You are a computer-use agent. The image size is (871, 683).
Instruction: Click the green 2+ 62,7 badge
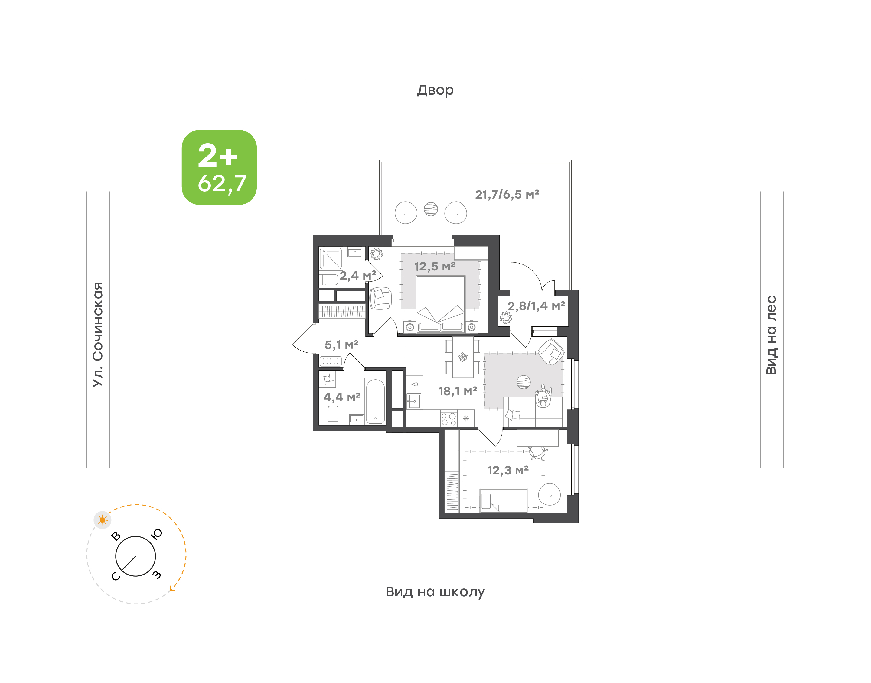(219, 167)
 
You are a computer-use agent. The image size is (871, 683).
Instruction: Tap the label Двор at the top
(435, 90)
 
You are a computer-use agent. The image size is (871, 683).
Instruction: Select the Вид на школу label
(435, 591)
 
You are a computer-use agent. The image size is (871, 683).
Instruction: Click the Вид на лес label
(771, 335)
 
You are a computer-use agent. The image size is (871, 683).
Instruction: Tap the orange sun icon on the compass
(103, 520)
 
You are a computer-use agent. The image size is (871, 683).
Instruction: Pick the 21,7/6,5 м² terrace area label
(507, 195)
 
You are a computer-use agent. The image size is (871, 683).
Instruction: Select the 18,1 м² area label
(458, 391)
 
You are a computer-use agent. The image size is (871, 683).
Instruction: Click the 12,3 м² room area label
(508, 470)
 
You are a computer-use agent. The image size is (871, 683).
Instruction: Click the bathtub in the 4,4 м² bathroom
(375, 401)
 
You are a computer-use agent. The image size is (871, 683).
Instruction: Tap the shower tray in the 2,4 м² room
(331, 258)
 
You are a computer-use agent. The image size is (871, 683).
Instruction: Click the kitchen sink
(414, 401)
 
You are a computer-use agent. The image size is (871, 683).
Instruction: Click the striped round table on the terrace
(431, 209)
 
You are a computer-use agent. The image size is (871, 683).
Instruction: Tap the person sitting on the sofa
(543, 396)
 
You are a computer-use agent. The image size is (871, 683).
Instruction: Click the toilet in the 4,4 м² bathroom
(333, 415)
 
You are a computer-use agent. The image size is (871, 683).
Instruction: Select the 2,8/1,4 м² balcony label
(536, 306)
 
